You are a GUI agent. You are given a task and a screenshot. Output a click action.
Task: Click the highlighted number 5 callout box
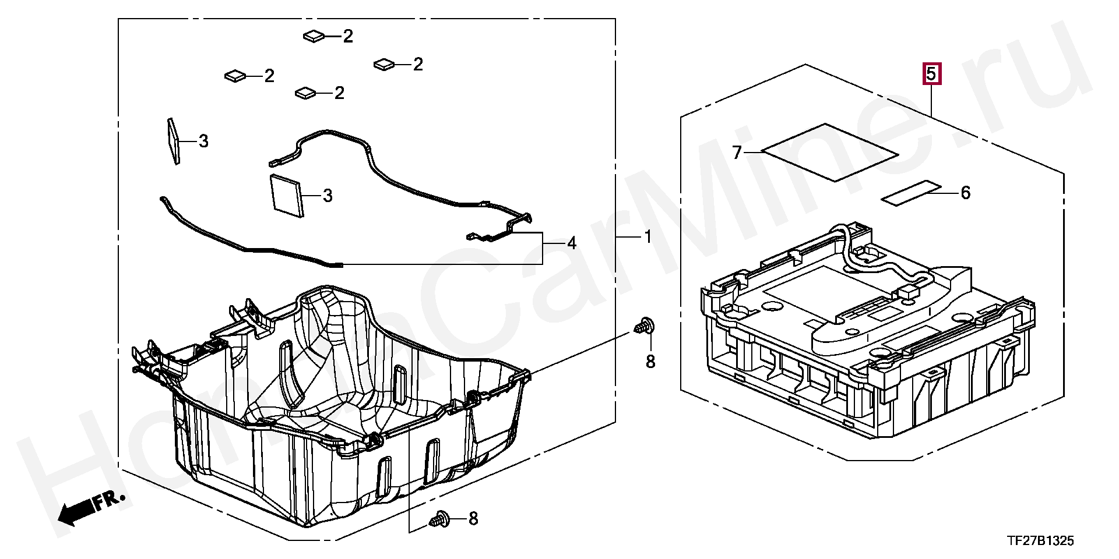[x=931, y=75]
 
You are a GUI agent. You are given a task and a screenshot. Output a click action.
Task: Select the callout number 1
[x=647, y=237]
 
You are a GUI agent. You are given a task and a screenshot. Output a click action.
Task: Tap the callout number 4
[x=572, y=243]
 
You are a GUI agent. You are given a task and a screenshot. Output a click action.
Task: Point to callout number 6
[x=965, y=193]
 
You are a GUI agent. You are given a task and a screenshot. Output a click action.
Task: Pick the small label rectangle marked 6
[x=910, y=193]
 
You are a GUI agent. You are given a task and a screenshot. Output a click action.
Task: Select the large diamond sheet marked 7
[x=830, y=152]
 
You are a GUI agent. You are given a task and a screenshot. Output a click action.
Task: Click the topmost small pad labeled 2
[x=314, y=36]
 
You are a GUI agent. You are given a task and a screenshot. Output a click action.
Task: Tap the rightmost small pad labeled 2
[x=384, y=63]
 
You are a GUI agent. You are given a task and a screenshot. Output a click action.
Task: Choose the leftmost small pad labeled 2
[x=235, y=75]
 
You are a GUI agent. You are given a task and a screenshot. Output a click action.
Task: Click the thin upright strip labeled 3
[x=174, y=141]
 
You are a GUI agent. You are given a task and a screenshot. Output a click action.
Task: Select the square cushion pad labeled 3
[x=287, y=195]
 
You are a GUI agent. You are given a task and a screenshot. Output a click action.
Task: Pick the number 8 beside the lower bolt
[x=473, y=518]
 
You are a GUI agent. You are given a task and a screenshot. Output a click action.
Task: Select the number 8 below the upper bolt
[x=650, y=362]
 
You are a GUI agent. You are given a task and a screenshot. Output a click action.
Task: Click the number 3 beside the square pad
[x=328, y=196]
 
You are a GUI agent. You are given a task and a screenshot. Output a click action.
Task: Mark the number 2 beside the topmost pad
[x=348, y=37]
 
